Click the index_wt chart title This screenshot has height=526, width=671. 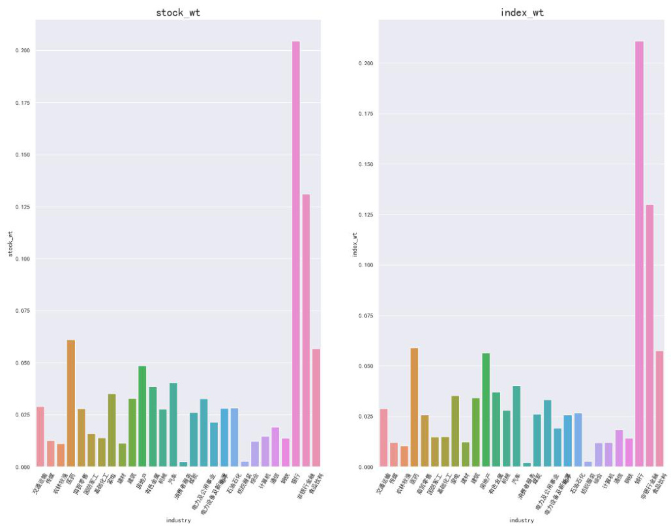point(522,12)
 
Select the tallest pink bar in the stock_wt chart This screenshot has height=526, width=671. point(296,254)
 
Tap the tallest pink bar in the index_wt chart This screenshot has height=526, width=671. point(639,254)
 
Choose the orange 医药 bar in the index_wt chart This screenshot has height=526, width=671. point(414,407)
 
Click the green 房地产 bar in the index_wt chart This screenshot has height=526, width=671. point(486,410)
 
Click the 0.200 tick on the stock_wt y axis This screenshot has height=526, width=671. point(23,50)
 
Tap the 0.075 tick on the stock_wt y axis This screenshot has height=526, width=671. point(23,311)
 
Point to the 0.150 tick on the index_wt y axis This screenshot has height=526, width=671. point(366,164)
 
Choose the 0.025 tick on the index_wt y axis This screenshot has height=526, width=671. point(366,416)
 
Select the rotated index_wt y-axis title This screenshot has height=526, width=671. point(355,244)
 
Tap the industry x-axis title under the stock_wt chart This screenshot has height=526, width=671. point(178,520)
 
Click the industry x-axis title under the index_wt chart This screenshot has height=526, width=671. point(522,520)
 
